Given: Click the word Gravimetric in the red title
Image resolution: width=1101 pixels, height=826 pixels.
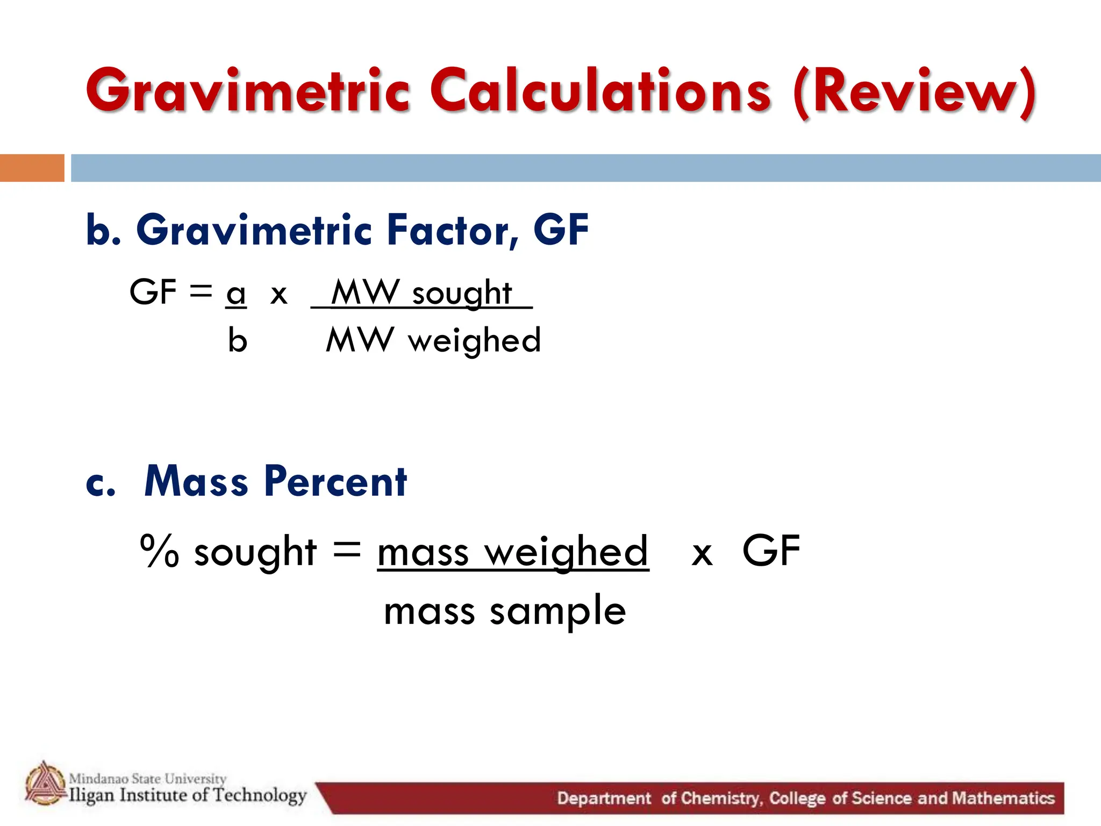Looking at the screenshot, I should tap(247, 91).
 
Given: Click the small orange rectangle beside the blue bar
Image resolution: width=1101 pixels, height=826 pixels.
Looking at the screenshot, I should tap(32, 168).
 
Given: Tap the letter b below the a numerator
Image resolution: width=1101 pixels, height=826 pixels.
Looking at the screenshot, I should tap(237, 340).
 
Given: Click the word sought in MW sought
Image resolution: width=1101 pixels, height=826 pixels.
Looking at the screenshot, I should tap(462, 294).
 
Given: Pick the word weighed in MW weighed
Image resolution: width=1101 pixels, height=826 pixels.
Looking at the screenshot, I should tap(474, 341).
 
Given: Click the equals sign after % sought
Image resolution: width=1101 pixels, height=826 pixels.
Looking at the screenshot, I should tap(347, 550).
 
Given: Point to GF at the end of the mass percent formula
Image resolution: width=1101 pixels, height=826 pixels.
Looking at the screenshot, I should tap(771, 551).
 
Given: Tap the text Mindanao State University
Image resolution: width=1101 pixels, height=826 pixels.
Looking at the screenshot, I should tap(148, 778).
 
